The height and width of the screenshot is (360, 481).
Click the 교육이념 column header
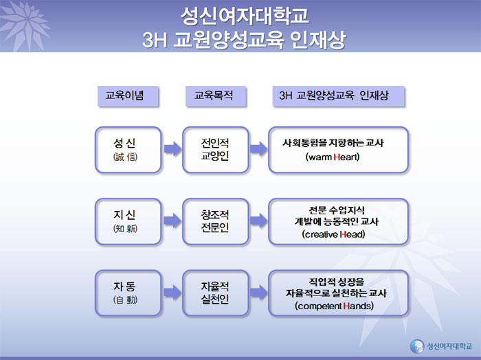click(128, 96)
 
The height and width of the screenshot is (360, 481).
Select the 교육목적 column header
click(216, 96)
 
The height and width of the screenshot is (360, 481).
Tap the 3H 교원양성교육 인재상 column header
click(338, 96)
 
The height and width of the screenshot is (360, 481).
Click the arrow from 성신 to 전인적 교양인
click(172, 149)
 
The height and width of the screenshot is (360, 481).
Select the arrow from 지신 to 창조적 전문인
click(172, 221)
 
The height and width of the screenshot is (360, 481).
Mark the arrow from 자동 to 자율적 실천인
click(172, 292)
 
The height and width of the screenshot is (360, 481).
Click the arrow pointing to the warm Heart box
click(258, 149)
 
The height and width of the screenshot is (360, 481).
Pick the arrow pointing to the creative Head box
click(258, 221)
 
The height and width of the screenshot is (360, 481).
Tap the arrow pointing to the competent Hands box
click(258, 292)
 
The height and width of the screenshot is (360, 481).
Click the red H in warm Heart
click(336, 157)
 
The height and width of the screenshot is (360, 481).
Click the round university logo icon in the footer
click(417, 346)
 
